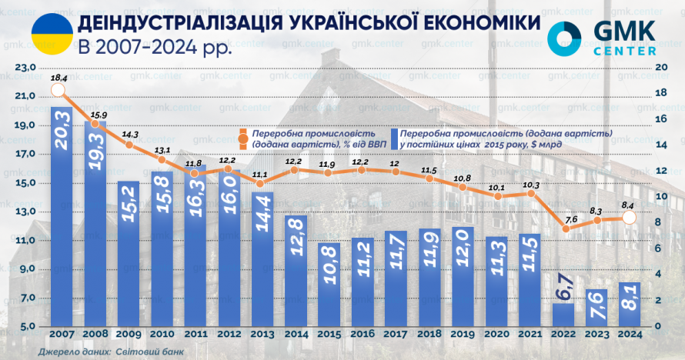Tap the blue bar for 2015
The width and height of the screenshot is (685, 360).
point(329,285)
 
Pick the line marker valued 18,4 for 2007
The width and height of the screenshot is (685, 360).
point(57,91)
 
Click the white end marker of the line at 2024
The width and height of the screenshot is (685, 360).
point(629,218)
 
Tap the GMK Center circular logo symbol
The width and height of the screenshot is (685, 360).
point(567,36)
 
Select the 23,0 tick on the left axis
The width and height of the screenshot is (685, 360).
point(25,68)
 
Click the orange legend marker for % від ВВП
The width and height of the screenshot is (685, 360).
point(243,139)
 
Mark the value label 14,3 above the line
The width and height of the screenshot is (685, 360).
point(129,133)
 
